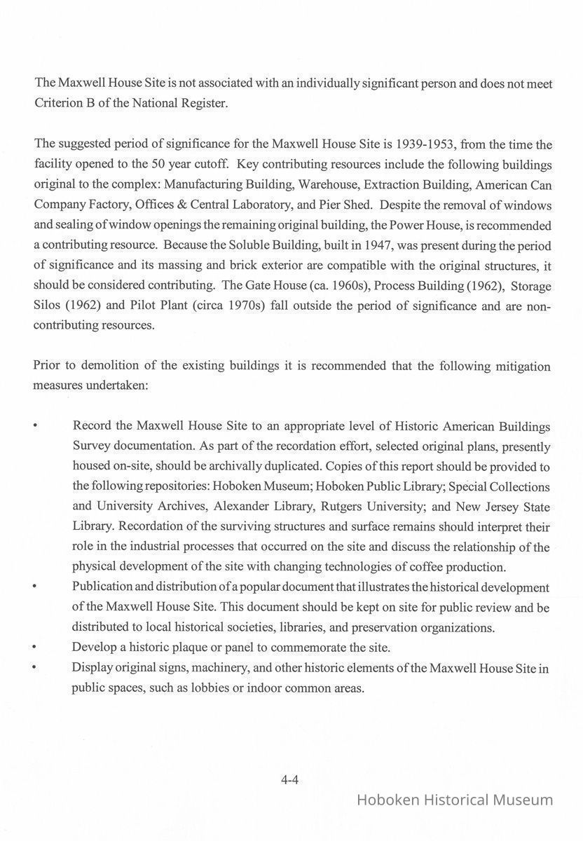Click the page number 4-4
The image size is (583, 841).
(290, 779)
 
